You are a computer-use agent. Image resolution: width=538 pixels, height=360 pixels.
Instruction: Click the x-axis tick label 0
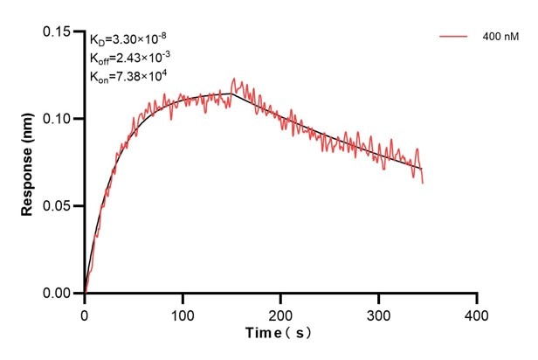[85, 313]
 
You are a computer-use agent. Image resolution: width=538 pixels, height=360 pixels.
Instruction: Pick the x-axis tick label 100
[183, 313]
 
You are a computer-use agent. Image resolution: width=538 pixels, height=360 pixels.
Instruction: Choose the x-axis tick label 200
[280, 313]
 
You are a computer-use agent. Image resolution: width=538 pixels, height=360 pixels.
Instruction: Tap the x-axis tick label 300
[378, 313]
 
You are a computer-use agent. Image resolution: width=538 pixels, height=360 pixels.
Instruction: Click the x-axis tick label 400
[476, 313]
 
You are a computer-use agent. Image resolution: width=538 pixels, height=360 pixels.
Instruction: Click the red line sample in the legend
[454, 38]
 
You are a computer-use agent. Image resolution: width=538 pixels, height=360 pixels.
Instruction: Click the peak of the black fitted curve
[231, 93]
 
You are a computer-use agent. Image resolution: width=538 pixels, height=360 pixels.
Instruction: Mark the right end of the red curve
[423, 183]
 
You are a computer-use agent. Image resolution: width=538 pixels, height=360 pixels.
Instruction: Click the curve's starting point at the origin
[85, 294]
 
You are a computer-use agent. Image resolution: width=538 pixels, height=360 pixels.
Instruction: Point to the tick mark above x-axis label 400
[476, 298]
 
